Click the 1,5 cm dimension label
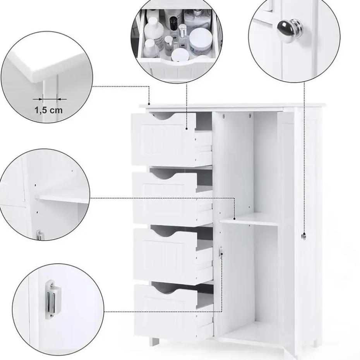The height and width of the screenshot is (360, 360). pos(48,110)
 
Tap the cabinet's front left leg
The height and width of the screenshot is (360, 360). pos(154,341)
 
